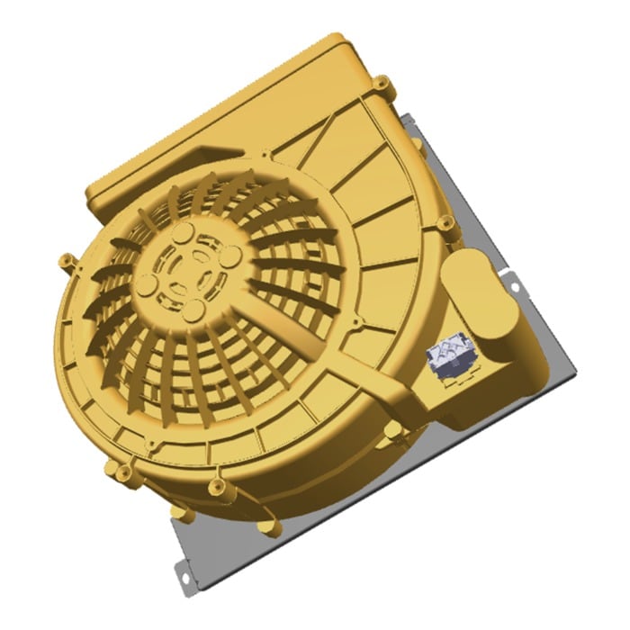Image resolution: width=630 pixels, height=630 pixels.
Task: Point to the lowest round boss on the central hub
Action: pyautogui.click(x=192, y=310)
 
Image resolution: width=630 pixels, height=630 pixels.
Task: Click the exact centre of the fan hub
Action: pyautogui.click(x=188, y=271)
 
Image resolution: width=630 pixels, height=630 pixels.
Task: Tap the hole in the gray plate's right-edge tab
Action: pyautogui.click(x=516, y=287)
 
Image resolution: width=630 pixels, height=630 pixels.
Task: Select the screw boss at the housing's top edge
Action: pyautogui.click(x=383, y=86)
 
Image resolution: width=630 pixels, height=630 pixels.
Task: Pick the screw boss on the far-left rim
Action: pyautogui.click(x=65, y=261)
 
